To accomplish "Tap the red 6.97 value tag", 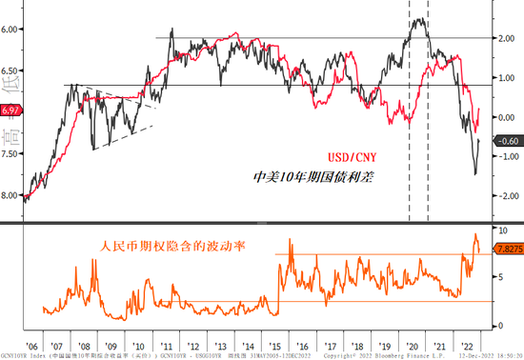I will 10,112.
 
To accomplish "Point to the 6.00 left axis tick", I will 11,30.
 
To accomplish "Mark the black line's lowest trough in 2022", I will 474,174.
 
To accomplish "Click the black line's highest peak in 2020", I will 416,19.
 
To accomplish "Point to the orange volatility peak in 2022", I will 476,234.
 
